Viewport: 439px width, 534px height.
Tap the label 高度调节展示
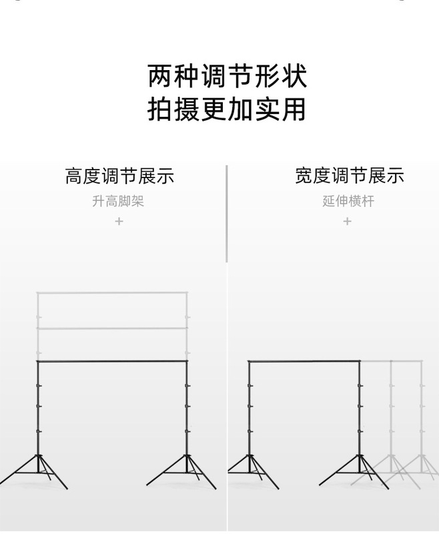119,176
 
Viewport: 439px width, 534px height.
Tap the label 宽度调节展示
350,176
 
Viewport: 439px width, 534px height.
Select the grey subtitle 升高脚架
118,201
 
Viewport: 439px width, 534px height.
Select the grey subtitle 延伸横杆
348,201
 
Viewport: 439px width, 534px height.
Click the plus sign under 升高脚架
119,221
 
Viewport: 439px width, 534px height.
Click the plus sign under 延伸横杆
347,221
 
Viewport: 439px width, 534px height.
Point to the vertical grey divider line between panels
227,214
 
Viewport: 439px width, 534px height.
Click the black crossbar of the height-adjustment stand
112,361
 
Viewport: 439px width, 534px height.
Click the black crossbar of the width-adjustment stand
304,361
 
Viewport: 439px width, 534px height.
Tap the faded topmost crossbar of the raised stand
112,292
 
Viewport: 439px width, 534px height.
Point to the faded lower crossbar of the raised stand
112,328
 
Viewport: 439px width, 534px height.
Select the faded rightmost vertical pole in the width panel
421,407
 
